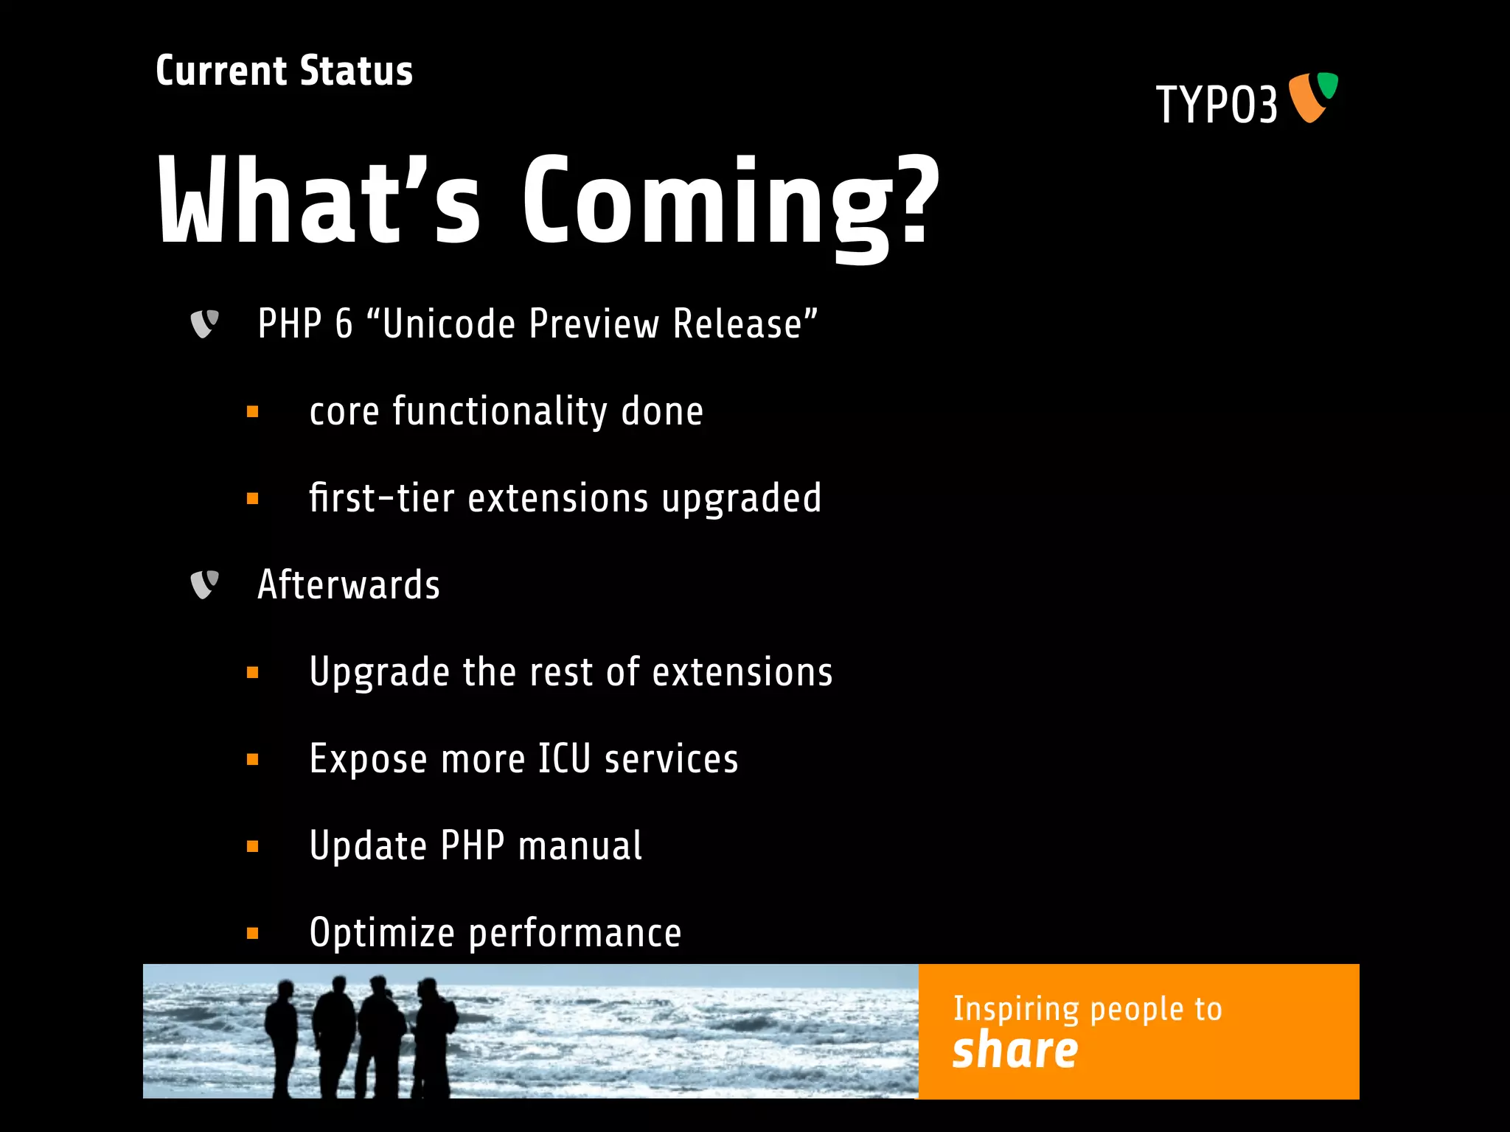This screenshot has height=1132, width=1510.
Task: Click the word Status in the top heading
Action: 356,71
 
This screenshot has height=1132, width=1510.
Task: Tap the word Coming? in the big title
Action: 730,203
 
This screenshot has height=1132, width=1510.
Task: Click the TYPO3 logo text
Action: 1217,105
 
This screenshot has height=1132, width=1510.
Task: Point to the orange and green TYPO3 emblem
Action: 1313,97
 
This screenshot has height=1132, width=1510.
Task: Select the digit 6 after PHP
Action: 344,324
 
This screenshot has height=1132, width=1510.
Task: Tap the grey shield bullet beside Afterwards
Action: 204,585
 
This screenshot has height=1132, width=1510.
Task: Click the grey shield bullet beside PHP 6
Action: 204,324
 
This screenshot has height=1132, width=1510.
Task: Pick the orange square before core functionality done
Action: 253,412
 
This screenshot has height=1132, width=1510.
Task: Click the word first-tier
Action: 381,497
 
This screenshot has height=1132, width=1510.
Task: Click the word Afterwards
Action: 349,585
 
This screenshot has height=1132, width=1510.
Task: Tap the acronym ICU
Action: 564,759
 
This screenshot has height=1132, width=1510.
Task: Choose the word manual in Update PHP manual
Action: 580,846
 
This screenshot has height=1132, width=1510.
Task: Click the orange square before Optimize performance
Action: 253,934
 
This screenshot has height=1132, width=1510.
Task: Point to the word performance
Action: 575,934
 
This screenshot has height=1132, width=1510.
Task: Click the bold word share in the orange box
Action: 1015,1051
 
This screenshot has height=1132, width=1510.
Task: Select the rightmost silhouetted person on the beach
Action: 435,1035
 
